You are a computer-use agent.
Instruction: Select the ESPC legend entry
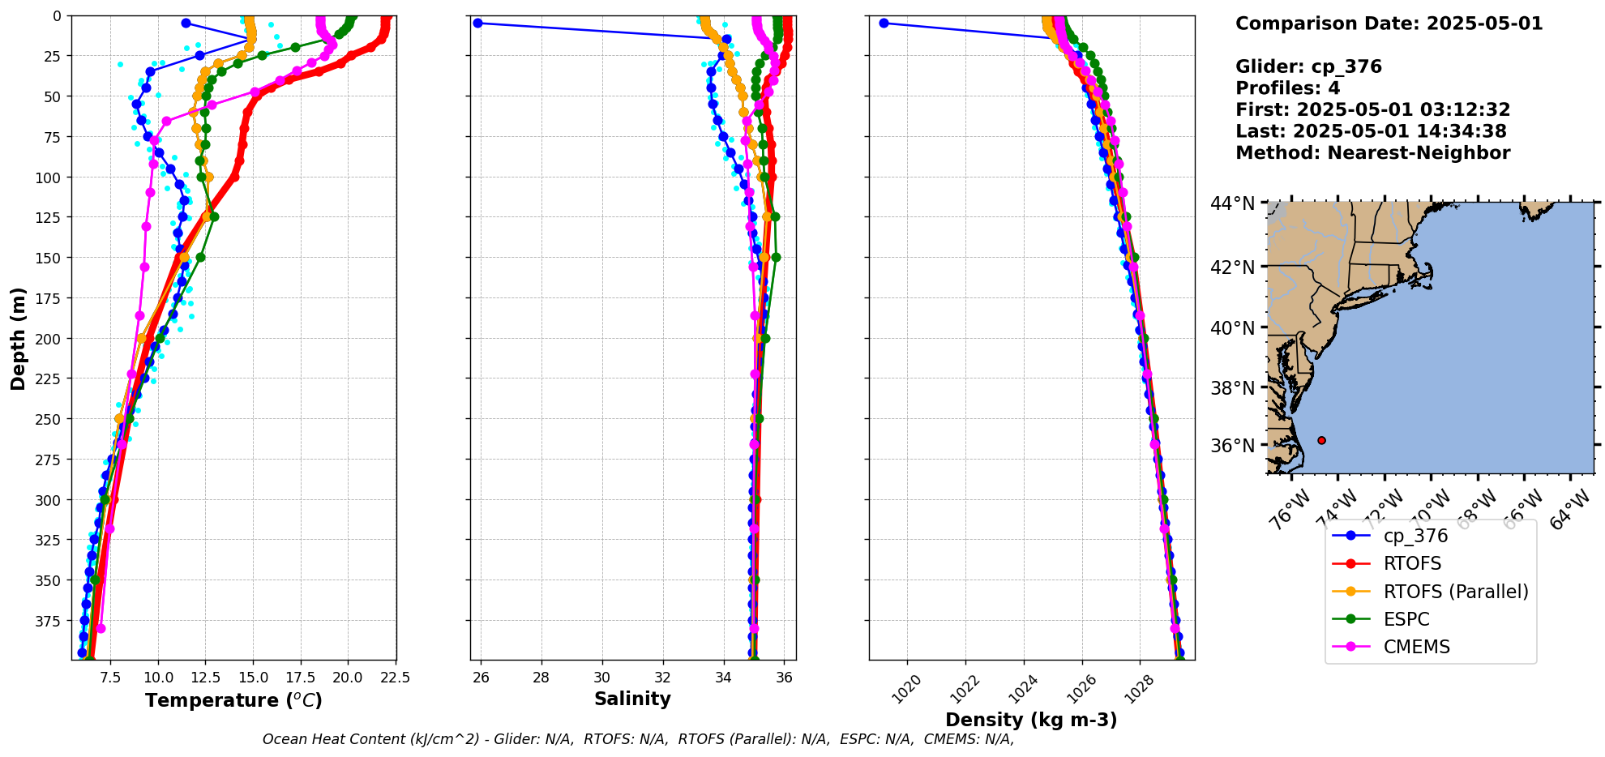1406,619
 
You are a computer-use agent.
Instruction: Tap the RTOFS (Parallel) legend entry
1455,592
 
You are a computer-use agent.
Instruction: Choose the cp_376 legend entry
1415,536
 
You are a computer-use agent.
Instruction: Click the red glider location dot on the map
1321,440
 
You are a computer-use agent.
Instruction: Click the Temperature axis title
233,700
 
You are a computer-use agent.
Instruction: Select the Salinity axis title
632,699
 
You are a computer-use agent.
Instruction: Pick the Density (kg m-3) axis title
1031,720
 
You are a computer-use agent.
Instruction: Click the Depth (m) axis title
18,338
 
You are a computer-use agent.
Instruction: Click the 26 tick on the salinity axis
481,678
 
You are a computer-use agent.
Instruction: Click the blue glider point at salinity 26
477,23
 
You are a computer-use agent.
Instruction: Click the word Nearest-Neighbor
1419,153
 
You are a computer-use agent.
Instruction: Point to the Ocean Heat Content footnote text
638,739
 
